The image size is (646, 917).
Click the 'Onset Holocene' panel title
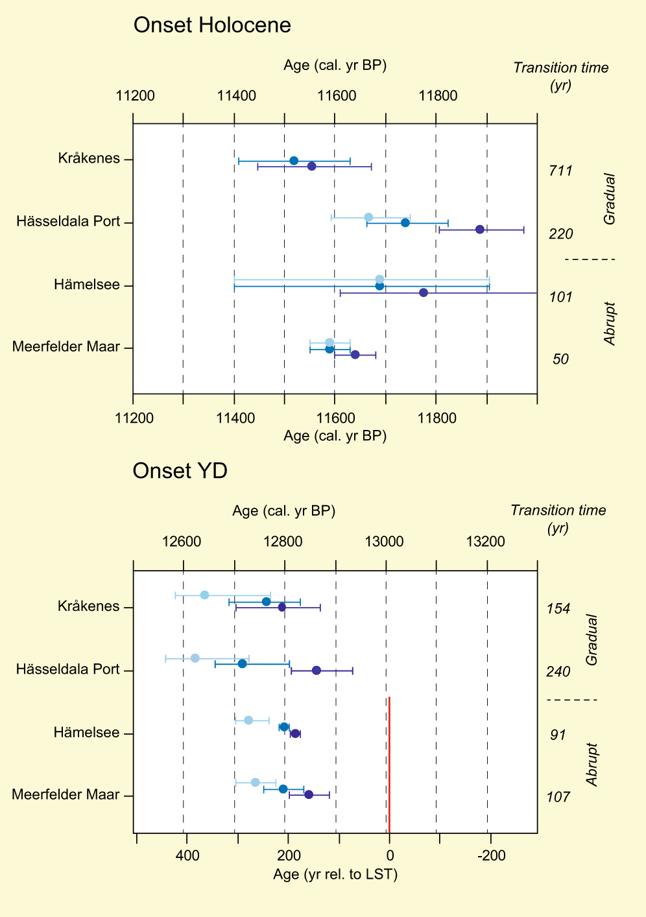(212, 25)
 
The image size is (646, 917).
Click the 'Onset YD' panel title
(180, 471)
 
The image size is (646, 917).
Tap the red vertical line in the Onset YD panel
(389, 765)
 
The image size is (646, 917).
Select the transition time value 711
(560, 171)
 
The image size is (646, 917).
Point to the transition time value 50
(560, 359)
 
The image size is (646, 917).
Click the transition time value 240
(558, 672)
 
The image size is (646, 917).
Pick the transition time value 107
(558, 797)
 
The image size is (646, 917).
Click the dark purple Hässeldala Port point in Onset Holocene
(480, 230)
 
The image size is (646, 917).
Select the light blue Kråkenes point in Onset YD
(204, 595)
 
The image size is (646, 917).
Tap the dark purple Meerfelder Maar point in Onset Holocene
(355, 355)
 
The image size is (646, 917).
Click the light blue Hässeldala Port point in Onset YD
(195, 658)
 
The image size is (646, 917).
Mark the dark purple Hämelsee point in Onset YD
(295, 733)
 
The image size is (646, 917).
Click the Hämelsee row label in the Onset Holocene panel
(87, 285)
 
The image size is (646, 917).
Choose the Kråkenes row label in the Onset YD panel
(89, 606)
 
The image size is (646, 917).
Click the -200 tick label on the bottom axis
(491, 856)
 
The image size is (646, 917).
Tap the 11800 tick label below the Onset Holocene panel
(437, 418)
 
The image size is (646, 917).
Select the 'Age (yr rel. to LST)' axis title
(335, 875)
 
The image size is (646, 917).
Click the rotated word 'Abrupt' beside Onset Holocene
(610, 323)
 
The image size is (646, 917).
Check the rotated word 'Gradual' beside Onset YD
(591, 639)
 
